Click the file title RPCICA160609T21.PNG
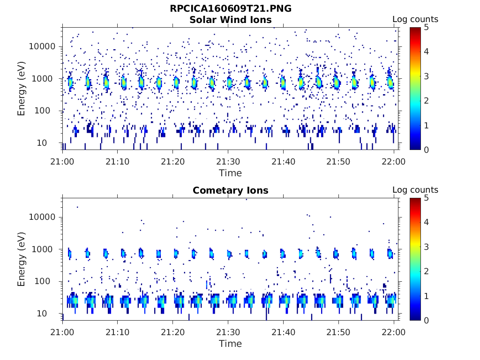pos(230,9)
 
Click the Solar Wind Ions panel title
pos(230,20)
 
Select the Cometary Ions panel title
pos(230,190)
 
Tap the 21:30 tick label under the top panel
pos(228,161)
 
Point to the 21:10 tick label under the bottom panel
pos(117,331)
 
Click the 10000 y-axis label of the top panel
pos(43,46)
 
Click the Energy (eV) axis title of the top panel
pos(22,89)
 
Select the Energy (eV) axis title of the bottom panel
pos(22,259)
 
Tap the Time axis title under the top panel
pos(230,173)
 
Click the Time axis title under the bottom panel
pos(230,344)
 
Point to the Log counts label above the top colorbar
pos(415,19)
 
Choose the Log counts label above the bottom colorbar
pos(415,190)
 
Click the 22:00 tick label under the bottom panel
pos(394,331)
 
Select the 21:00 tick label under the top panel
pos(62,161)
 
